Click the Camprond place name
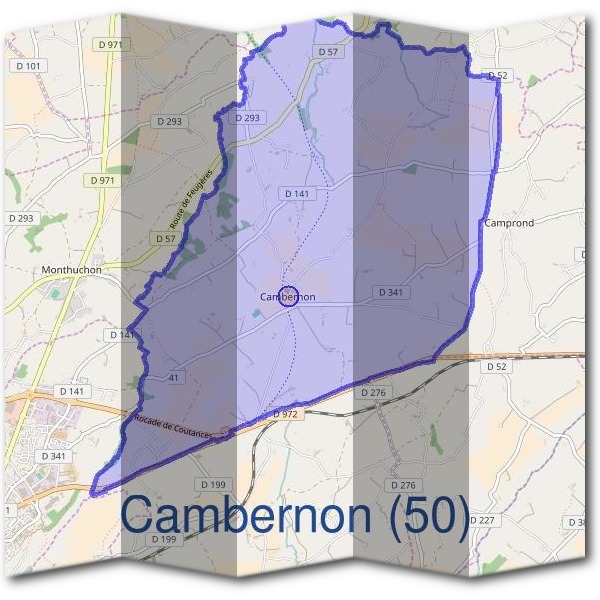click(509, 223)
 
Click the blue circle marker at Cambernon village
click(289, 296)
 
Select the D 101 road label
click(31, 66)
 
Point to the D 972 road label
click(285, 414)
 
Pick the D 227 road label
click(482, 520)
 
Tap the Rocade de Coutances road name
click(175, 422)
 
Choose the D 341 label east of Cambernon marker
click(391, 292)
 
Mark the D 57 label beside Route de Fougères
click(165, 239)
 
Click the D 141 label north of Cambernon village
click(298, 193)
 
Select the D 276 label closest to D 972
click(372, 393)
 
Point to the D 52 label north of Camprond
click(497, 75)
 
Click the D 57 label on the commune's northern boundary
click(327, 51)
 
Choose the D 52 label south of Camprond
click(497, 367)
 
